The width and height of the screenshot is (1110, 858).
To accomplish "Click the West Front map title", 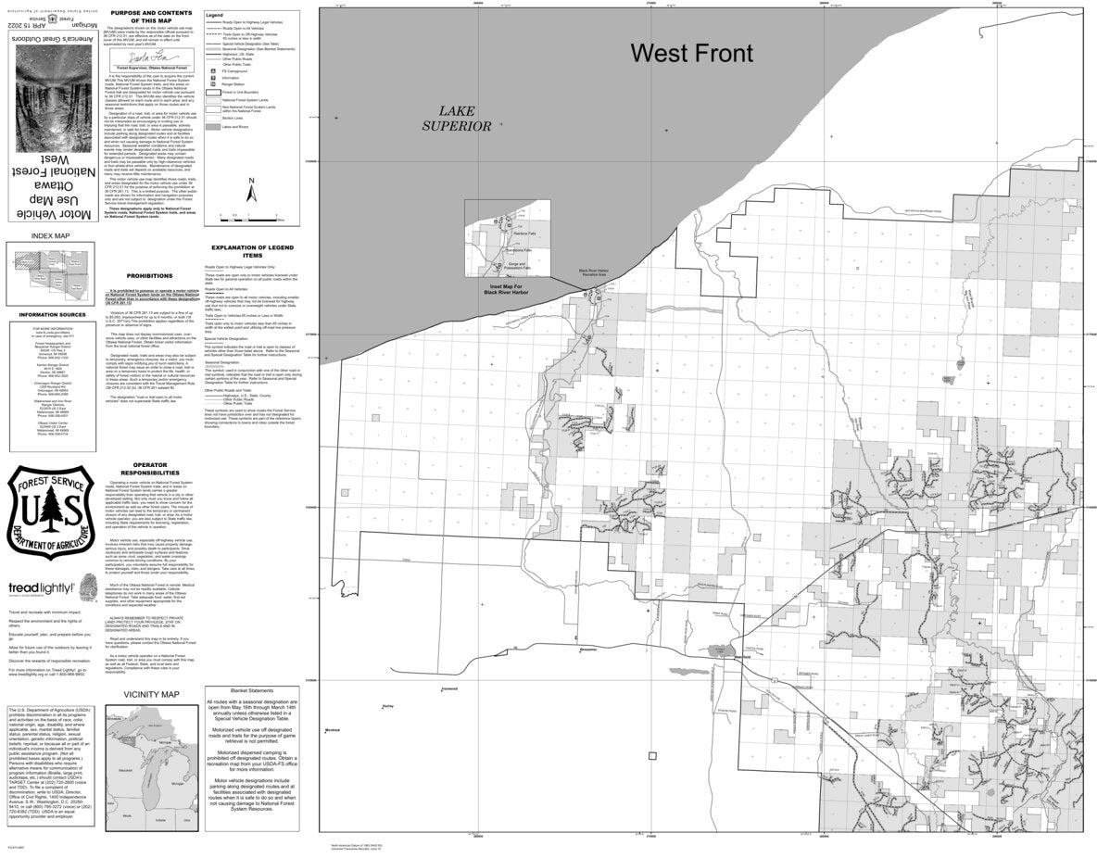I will pos(691,54).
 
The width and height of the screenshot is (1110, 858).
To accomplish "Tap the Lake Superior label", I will pos(453,118).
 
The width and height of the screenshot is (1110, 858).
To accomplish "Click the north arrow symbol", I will pos(251,189).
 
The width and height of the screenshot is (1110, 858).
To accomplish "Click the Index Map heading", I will pos(49,236).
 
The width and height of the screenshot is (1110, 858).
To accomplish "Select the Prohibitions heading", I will pos(150,276).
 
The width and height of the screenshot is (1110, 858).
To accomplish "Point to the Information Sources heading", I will pos(49,315).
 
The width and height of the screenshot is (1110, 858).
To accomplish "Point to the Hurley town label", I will pos(387,707).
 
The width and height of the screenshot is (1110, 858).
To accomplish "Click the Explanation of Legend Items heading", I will pos(252,252).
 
